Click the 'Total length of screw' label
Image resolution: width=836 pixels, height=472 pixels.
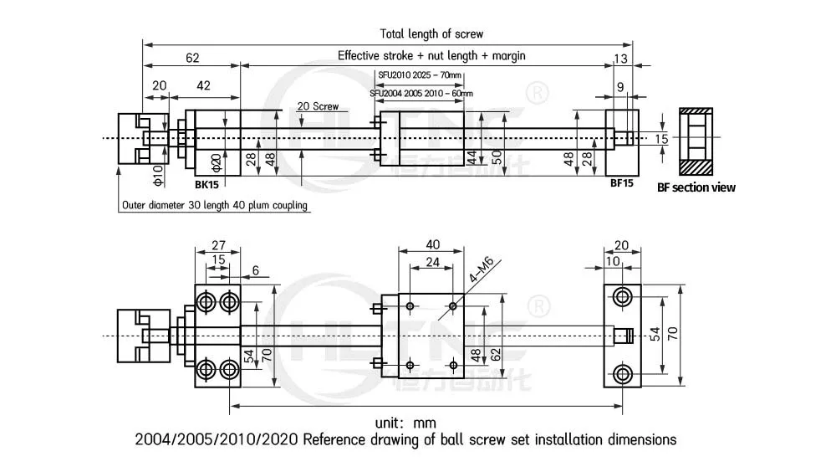click(x=431, y=34)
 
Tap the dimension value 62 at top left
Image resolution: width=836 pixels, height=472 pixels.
click(x=192, y=58)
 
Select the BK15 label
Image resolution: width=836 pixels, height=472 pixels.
click(x=206, y=183)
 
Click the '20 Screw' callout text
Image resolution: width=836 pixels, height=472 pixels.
click(x=318, y=106)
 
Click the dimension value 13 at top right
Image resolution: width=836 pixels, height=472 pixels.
click(x=619, y=58)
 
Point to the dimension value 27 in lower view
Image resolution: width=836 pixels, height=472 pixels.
click(x=217, y=245)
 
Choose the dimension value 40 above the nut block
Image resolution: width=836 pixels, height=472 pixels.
click(x=431, y=245)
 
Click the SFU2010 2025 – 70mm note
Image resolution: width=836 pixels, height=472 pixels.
click(x=419, y=75)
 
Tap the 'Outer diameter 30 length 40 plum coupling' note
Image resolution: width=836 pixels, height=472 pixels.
click(x=214, y=205)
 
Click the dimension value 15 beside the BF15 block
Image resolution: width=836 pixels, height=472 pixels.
click(x=661, y=139)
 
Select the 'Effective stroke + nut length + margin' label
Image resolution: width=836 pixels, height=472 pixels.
click(x=431, y=55)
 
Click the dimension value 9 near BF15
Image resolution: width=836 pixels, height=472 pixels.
click(x=619, y=86)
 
